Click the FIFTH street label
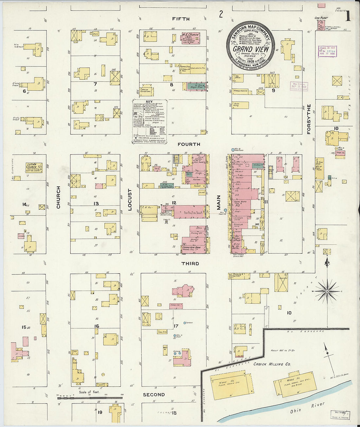point(181,19)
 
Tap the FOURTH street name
point(189,144)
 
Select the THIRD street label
point(190,263)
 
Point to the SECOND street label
point(153,395)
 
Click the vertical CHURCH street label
point(59,197)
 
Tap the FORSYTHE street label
point(308,119)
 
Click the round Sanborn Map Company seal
point(251,44)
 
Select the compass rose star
point(327,291)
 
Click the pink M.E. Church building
point(190,38)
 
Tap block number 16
point(97,326)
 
